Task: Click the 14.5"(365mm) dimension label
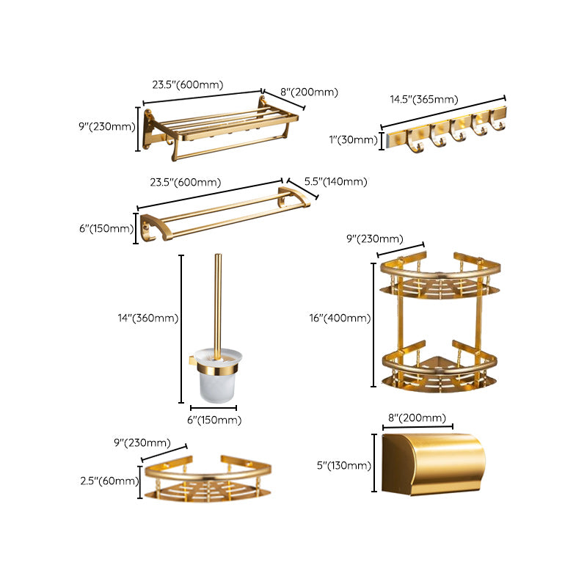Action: [424, 100]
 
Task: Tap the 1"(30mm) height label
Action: [354, 139]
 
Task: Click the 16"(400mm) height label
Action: [340, 318]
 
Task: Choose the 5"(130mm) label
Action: [344, 464]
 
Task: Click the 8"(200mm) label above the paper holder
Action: [417, 418]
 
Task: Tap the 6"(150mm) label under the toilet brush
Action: [214, 420]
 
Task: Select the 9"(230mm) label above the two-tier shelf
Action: [374, 238]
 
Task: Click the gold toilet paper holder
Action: [433, 464]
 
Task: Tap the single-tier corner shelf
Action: [206, 481]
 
